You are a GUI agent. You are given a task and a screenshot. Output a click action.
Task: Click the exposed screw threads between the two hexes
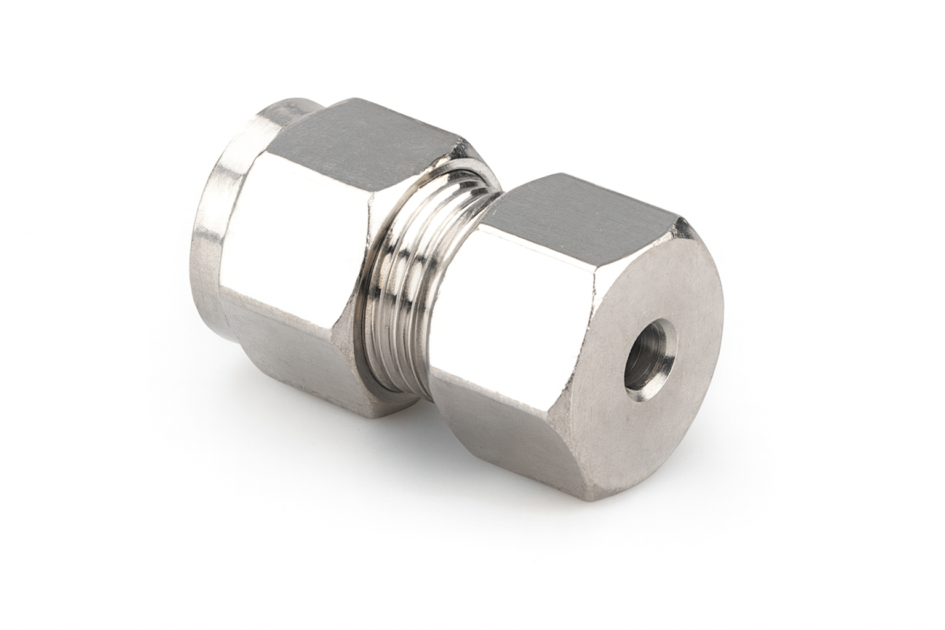pyautogui.click(x=425, y=277)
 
